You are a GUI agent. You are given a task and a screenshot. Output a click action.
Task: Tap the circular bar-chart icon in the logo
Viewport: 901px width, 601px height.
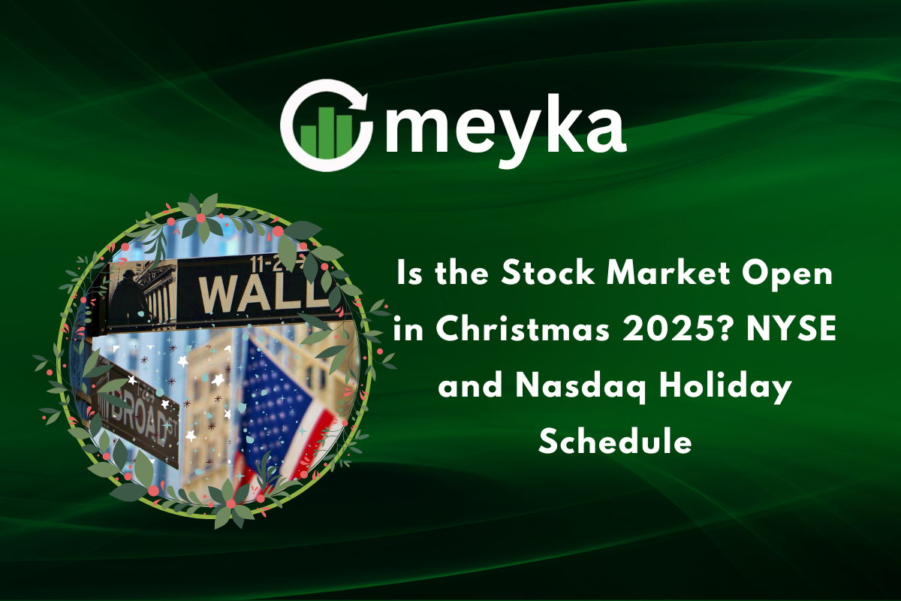326,125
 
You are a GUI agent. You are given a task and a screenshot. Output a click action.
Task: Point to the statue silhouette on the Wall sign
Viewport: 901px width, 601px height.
127,300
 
